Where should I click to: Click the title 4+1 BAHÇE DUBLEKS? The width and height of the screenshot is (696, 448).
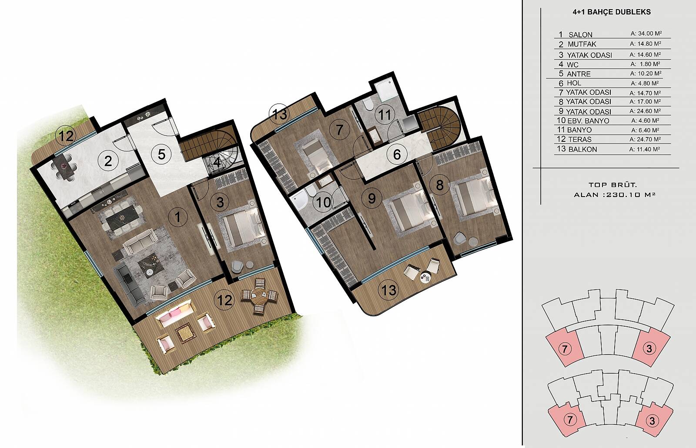pyautogui.click(x=612, y=12)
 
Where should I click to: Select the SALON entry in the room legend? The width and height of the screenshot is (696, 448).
pyautogui.click(x=580, y=34)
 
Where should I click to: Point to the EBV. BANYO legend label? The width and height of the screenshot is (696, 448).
pyautogui.click(x=588, y=120)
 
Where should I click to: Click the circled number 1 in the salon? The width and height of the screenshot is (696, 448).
pyautogui.click(x=177, y=217)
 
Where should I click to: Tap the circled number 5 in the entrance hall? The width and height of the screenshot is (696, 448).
pyautogui.click(x=161, y=154)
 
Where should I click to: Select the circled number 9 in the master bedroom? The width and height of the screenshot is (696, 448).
pyautogui.click(x=371, y=198)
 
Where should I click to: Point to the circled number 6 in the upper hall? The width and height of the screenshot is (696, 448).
pyautogui.click(x=397, y=154)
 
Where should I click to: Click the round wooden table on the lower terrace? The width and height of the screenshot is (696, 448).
pyautogui.click(x=259, y=296)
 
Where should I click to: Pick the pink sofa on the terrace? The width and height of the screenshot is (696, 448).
pyautogui.click(x=176, y=313)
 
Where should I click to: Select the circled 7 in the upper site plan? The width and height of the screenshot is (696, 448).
pyautogui.click(x=565, y=349)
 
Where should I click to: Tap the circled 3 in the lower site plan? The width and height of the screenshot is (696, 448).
pyautogui.click(x=652, y=421)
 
